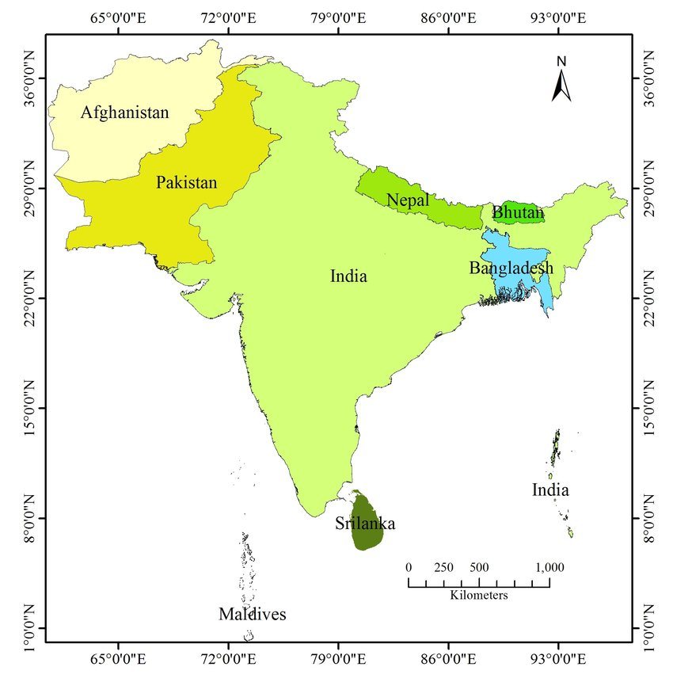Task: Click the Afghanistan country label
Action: coord(125,112)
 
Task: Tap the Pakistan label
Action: coord(186,182)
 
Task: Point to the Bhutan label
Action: coord(518,212)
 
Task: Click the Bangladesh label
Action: coord(511,268)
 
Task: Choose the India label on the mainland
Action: coord(348,276)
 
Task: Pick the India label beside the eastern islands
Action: coord(550,490)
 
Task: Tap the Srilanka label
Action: coord(364,524)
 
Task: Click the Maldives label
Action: coord(253,615)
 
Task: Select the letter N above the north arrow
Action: coord(561,61)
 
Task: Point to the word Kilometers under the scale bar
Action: coord(479,595)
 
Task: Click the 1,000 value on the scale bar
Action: coord(549,567)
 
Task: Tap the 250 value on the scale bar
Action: coord(443,567)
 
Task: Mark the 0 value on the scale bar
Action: coord(409,567)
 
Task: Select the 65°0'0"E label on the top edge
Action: coord(119,16)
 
